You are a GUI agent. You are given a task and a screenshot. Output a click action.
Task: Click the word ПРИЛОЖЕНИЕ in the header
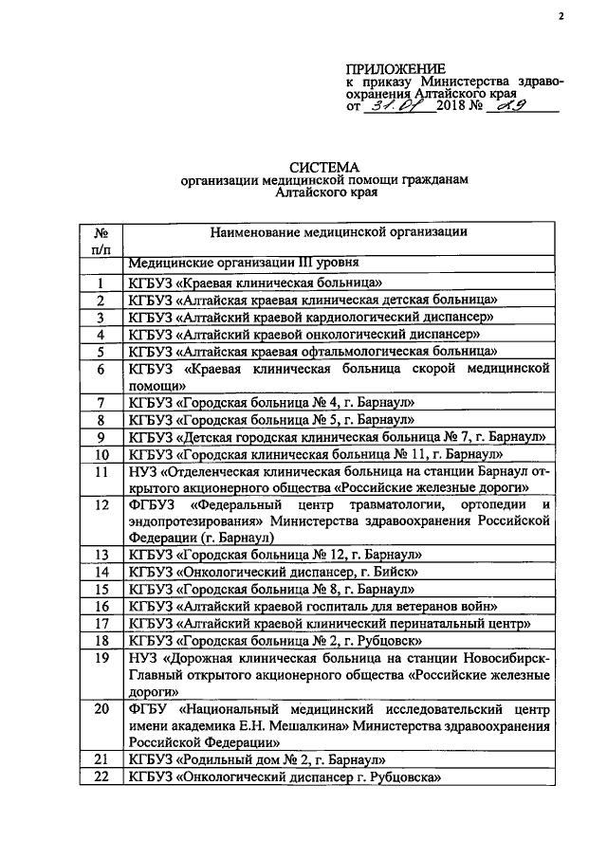click(x=395, y=69)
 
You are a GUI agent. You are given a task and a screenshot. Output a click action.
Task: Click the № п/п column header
click(x=99, y=239)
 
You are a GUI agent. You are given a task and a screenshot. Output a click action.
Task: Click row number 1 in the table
click(x=99, y=283)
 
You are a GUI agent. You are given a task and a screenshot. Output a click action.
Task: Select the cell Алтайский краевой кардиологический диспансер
click(x=309, y=317)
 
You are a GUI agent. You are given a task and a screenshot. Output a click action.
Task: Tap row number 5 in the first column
click(x=99, y=351)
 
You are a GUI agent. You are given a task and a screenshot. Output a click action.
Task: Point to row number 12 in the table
click(x=99, y=504)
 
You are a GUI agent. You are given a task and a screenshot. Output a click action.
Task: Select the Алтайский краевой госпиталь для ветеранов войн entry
click(x=309, y=606)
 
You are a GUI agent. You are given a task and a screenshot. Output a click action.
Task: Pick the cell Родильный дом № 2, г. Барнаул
click(x=257, y=760)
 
